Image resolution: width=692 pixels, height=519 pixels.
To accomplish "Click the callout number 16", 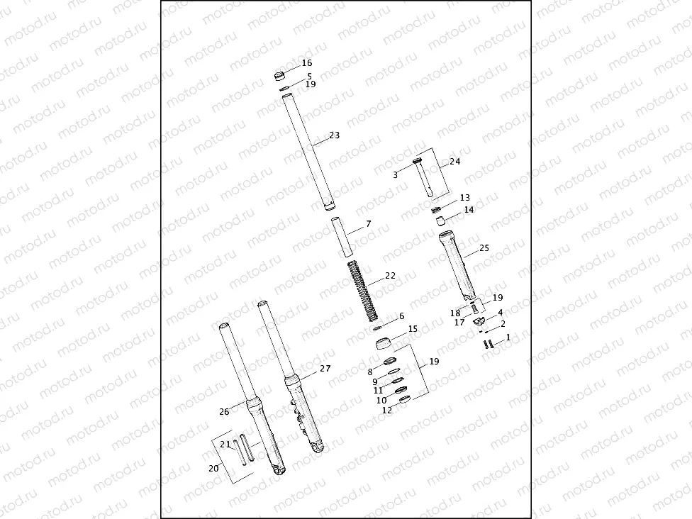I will pyautogui.click(x=306, y=63).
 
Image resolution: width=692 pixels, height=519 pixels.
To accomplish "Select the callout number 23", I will pyautogui.click(x=335, y=135).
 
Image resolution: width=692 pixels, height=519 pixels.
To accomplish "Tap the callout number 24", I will pyautogui.click(x=454, y=162).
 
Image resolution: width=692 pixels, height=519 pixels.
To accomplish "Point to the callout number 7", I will pyautogui.click(x=368, y=224).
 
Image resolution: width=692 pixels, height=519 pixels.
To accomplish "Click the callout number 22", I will pyautogui.click(x=390, y=276).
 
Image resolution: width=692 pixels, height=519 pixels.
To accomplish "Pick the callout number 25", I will pyautogui.click(x=484, y=248).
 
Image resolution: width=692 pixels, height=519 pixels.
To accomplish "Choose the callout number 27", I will pyautogui.click(x=325, y=369).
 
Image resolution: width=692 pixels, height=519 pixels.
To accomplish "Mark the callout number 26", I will pyautogui.click(x=224, y=412).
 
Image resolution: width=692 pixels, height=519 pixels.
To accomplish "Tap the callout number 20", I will pyautogui.click(x=213, y=468).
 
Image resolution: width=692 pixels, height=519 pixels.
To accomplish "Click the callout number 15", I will pyautogui.click(x=413, y=329).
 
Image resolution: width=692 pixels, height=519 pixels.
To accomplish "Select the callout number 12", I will pyautogui.click(x=386, y=410).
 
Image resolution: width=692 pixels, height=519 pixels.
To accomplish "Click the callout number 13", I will pyautogui.click(x=464, y=198).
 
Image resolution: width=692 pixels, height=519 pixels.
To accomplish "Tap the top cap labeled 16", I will pyautogui.click(x=279, y=74).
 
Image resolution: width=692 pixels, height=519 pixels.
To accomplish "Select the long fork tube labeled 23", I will pyautogui.click(x=308, y=152).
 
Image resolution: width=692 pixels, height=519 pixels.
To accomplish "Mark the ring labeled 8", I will pyautogui.click(x=389, y=364).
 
